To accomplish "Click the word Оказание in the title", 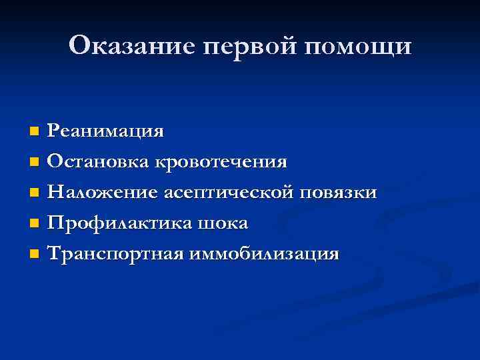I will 125,46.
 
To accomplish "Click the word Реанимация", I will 106,131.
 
